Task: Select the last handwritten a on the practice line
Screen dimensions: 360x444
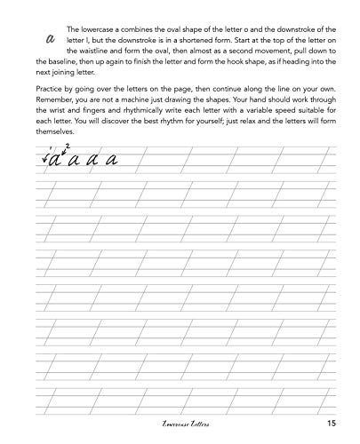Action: [x=112, y=161]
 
